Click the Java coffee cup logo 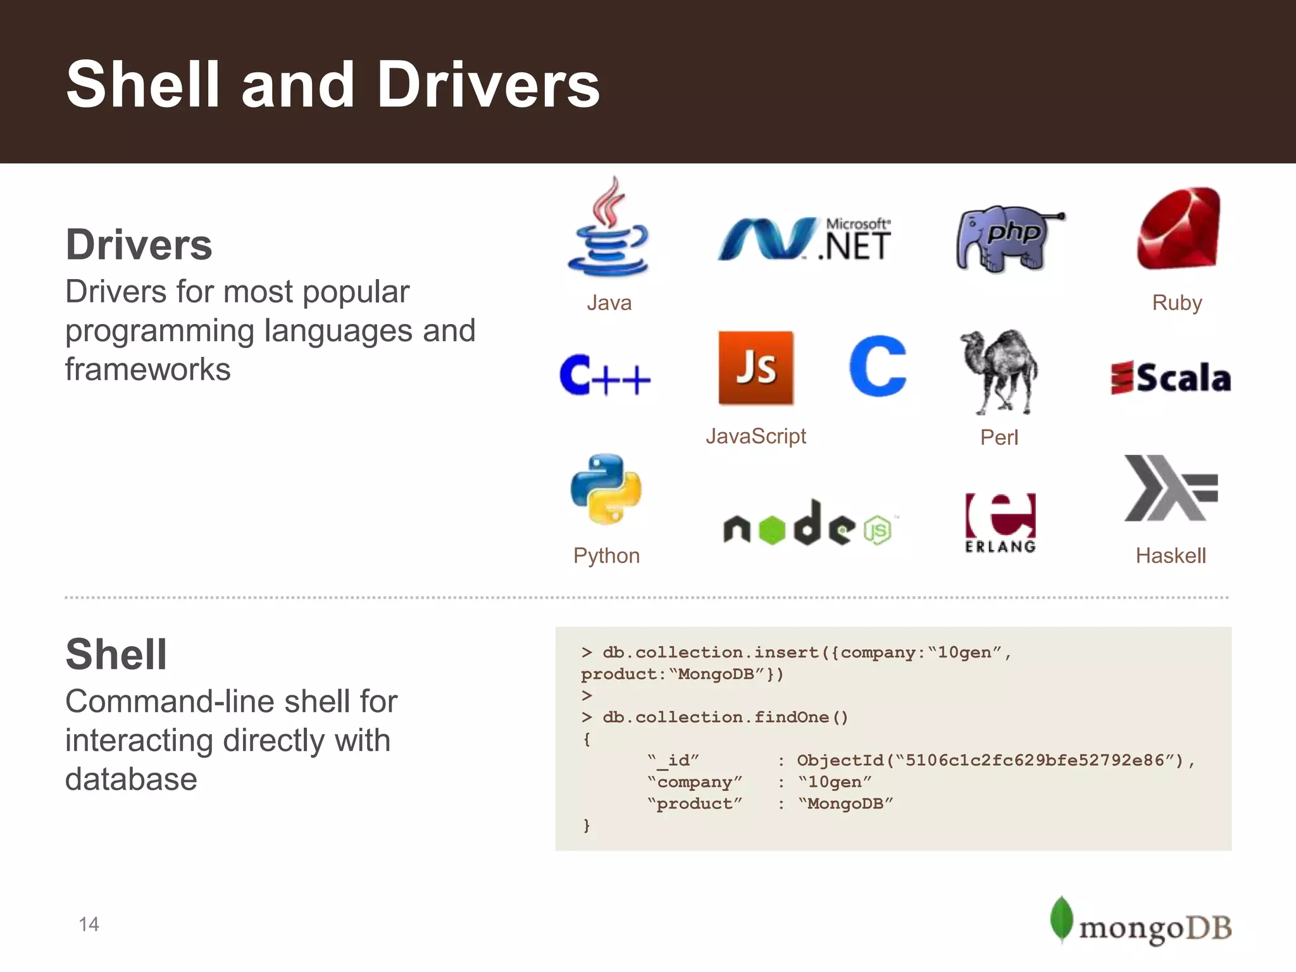(608, 229)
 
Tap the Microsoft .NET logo (804, 239)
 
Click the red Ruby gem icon (1178, 228)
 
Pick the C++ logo (605, 376)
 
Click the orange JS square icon (756, 368)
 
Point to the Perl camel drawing (1000, 371)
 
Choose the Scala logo (1171, 378)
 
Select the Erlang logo (1000, 523)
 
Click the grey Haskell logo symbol (1171, 488)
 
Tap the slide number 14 (89, 925)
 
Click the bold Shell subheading (116, 654)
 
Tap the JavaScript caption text (756, 436)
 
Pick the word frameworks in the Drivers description (148, 369)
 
